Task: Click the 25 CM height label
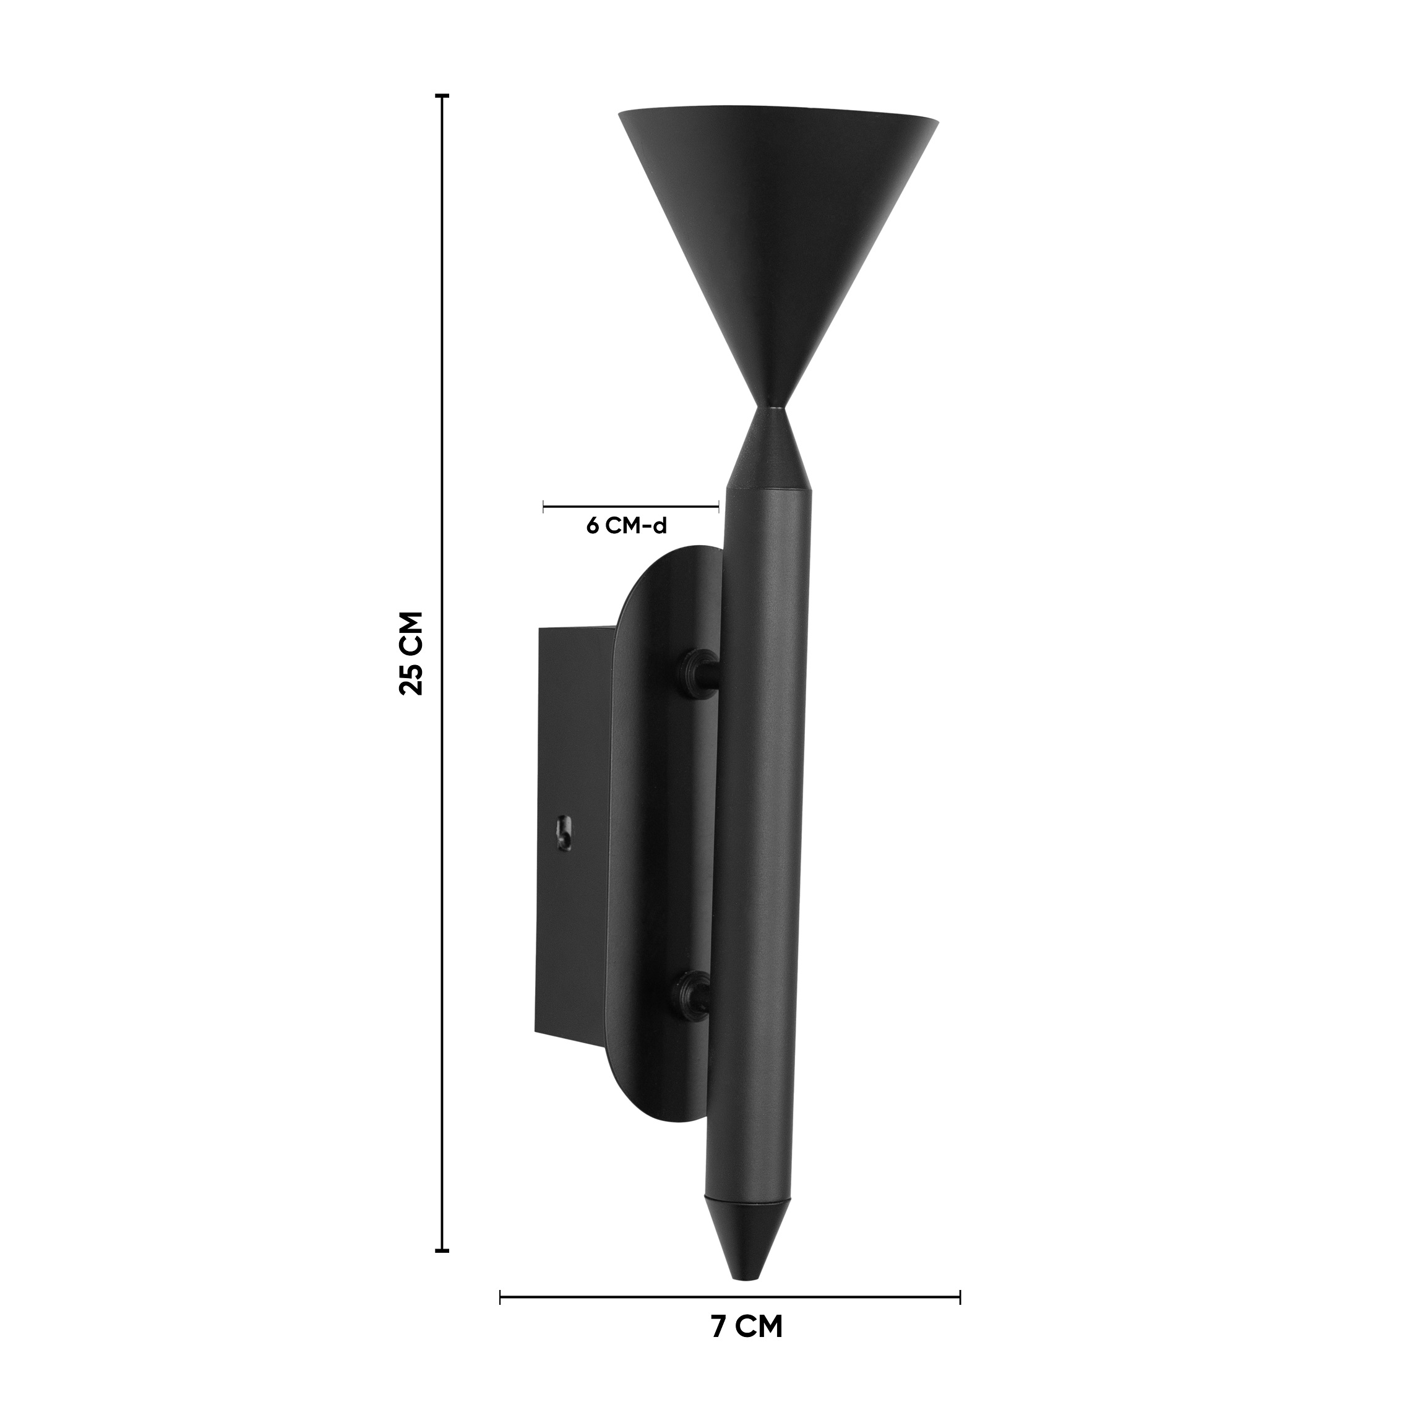[410, 653]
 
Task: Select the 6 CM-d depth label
[626, 527]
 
